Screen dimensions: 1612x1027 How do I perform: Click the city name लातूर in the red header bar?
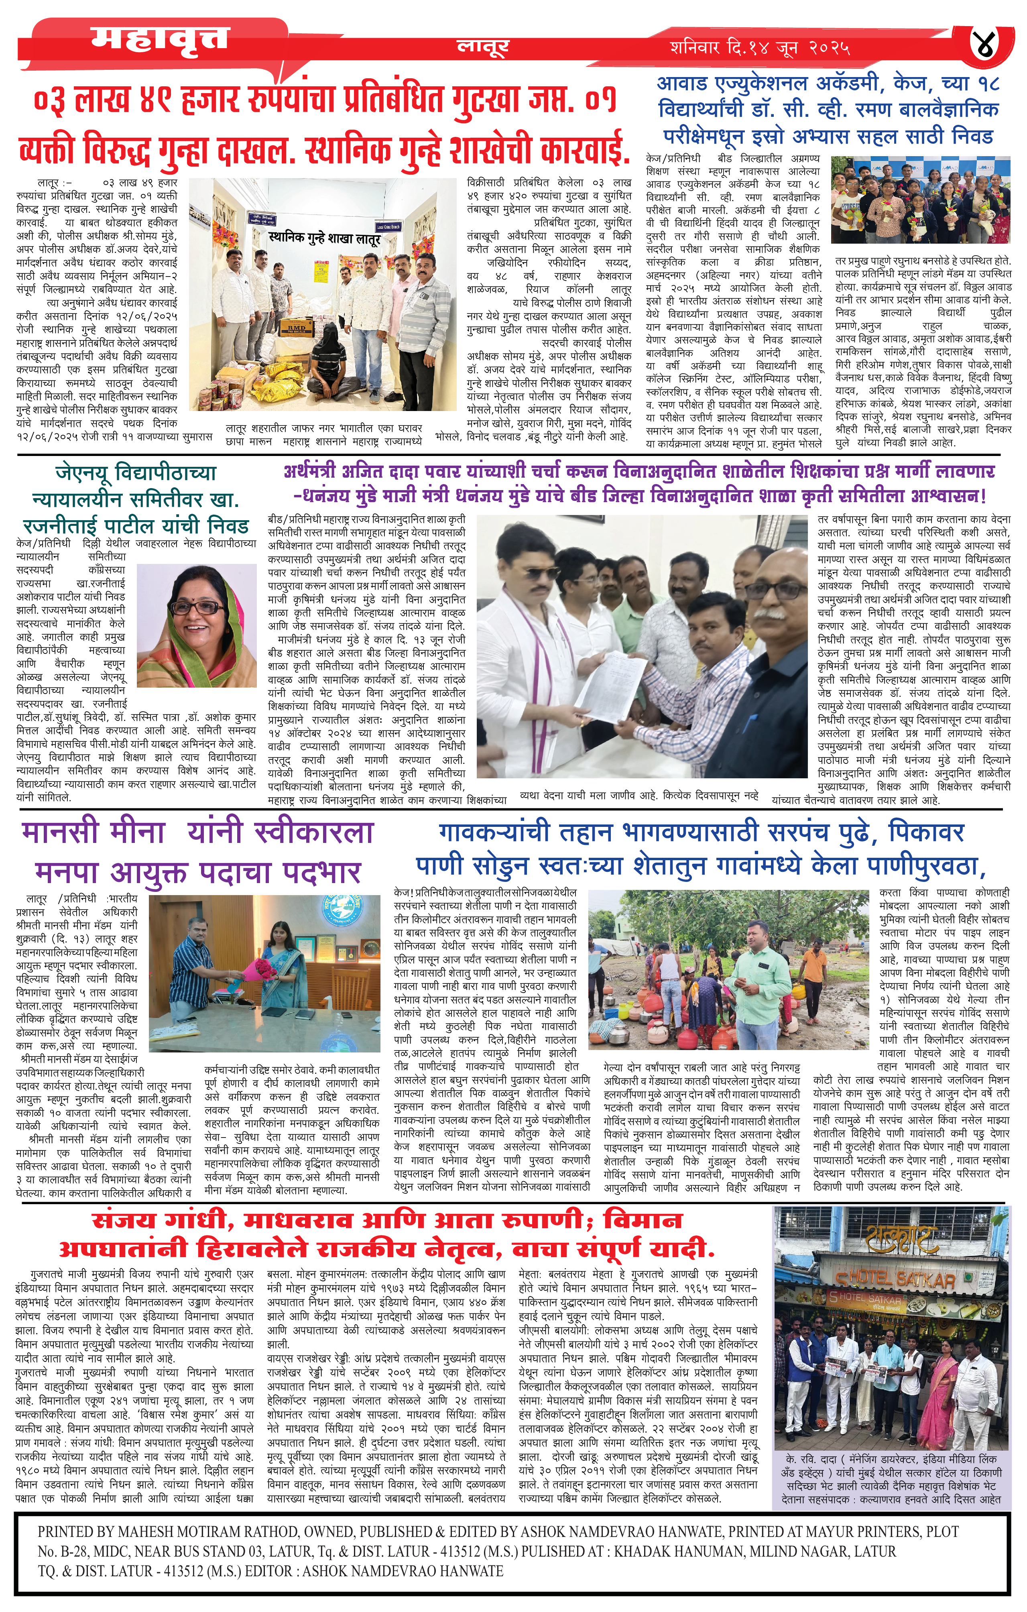click(482, 47)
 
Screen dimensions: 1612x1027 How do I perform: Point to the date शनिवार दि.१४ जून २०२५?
click(760, 48)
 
